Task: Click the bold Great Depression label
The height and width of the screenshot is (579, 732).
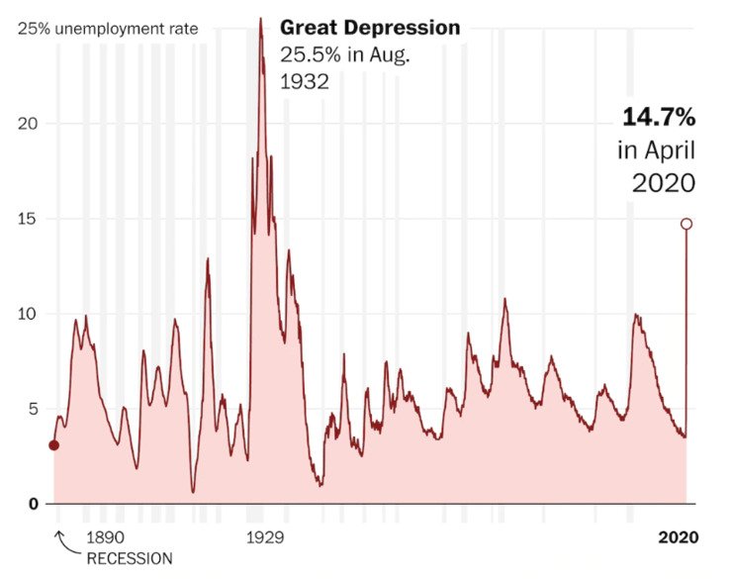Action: [x=370, y=28]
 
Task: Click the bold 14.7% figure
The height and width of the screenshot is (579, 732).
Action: [x=659, y=118]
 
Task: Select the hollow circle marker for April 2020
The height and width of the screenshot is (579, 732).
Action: [x=686, y=224]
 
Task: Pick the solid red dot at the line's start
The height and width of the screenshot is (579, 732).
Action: [x=53, y=445]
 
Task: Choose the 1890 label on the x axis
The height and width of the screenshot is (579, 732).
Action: [x=106, y=537]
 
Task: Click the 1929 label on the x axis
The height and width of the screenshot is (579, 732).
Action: [x=265, y=537]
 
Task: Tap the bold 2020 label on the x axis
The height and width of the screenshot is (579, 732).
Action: [x=679, y=537]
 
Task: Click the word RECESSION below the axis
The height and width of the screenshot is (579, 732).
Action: [x=130, y=557]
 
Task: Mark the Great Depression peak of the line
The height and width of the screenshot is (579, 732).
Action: [x=260, y=20]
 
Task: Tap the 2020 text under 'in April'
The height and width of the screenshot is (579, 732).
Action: [x=665, y=183]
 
